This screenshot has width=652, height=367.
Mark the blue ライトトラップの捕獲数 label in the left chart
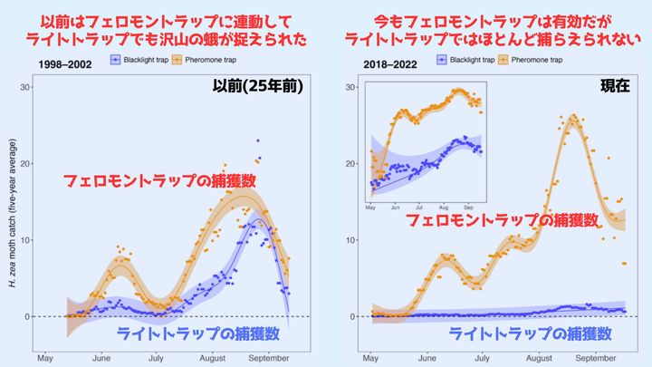click(197, 334)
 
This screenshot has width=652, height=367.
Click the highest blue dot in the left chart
click(257, 141)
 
